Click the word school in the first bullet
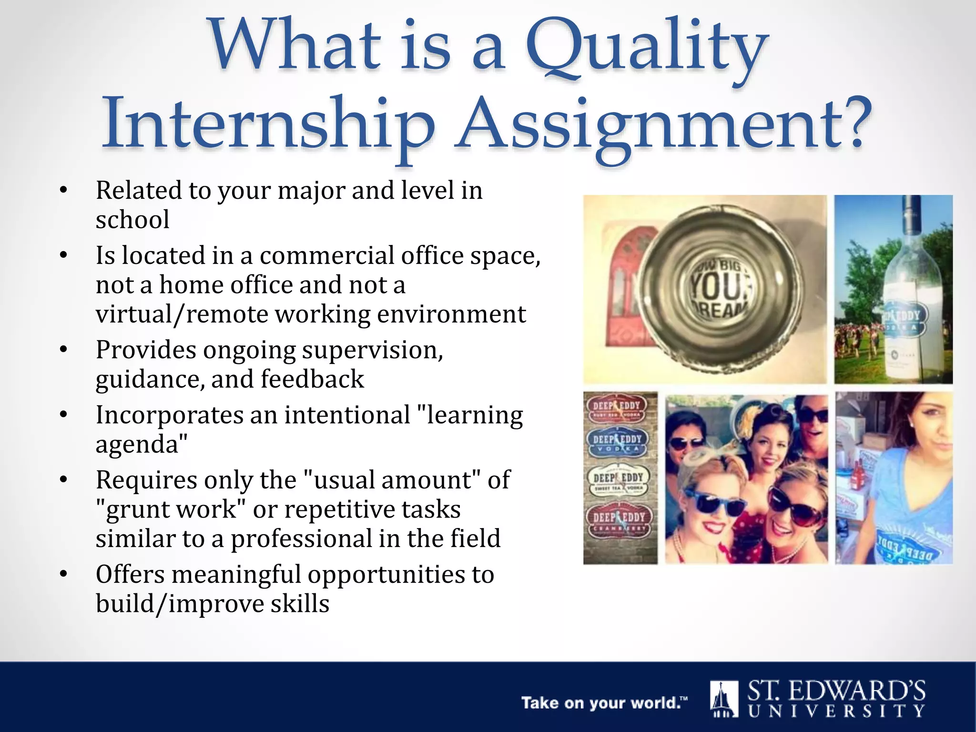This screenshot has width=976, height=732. pyautogui.click(x=132, y=220)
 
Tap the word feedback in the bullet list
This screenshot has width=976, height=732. pyautogui.click(x=312, y=380)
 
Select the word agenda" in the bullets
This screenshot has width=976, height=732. pyautogui.click(x=141, y=445)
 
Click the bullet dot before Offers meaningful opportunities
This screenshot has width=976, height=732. pyautogui.click(x=64, y=575)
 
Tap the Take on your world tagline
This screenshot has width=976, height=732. pyautogui.click(x=604, y=703)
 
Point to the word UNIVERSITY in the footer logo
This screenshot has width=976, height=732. pyautogui.click(x=836, y=712)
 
